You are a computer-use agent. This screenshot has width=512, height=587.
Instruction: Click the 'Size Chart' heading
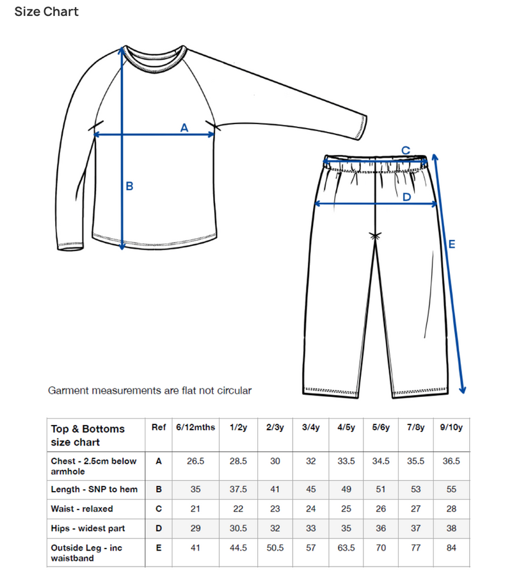[47, 12]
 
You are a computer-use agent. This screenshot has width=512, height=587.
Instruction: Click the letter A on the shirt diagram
[184, 127]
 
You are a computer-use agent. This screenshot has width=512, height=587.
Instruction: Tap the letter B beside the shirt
[129, 186]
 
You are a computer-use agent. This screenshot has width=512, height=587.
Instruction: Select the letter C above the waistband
[405, 150]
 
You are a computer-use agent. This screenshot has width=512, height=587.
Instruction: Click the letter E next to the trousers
[452, 244]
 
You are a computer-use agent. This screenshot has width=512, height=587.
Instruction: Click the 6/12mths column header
[196, 428]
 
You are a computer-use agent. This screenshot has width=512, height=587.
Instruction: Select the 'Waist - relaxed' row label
[82, 509]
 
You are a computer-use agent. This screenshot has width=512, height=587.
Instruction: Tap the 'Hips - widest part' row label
[88, 529]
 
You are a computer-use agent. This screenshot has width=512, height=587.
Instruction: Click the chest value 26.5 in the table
[196, 461]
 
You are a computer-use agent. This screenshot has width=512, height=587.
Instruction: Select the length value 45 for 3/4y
[310, 490]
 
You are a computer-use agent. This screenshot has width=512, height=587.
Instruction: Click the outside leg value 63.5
[347, 549]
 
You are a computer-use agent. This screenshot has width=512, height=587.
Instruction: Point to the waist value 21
[196, 509]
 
